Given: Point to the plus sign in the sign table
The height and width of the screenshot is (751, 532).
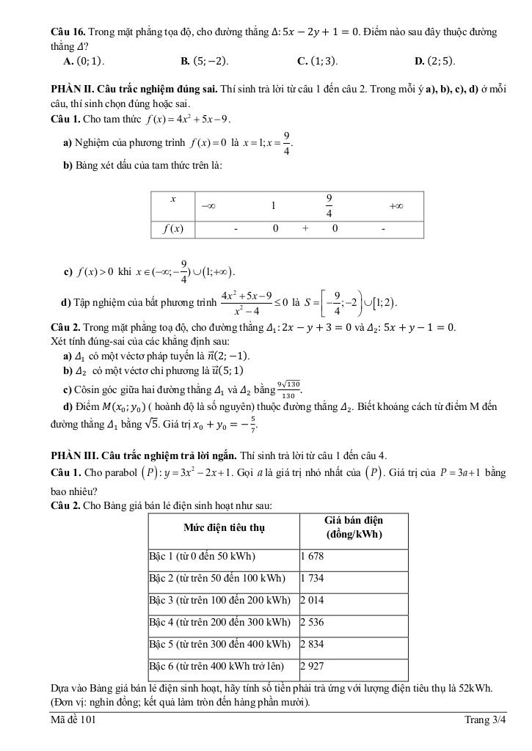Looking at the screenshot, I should (x=304, y=229).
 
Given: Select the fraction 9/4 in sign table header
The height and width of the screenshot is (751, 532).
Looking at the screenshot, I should (x=329, y=206).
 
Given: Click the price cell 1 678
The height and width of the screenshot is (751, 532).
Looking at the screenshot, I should (x=312, y=556).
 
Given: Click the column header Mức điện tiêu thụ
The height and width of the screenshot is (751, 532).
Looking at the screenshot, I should (x=224, y=527).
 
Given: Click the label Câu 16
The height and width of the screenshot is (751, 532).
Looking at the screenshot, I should (x=68, y=32).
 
